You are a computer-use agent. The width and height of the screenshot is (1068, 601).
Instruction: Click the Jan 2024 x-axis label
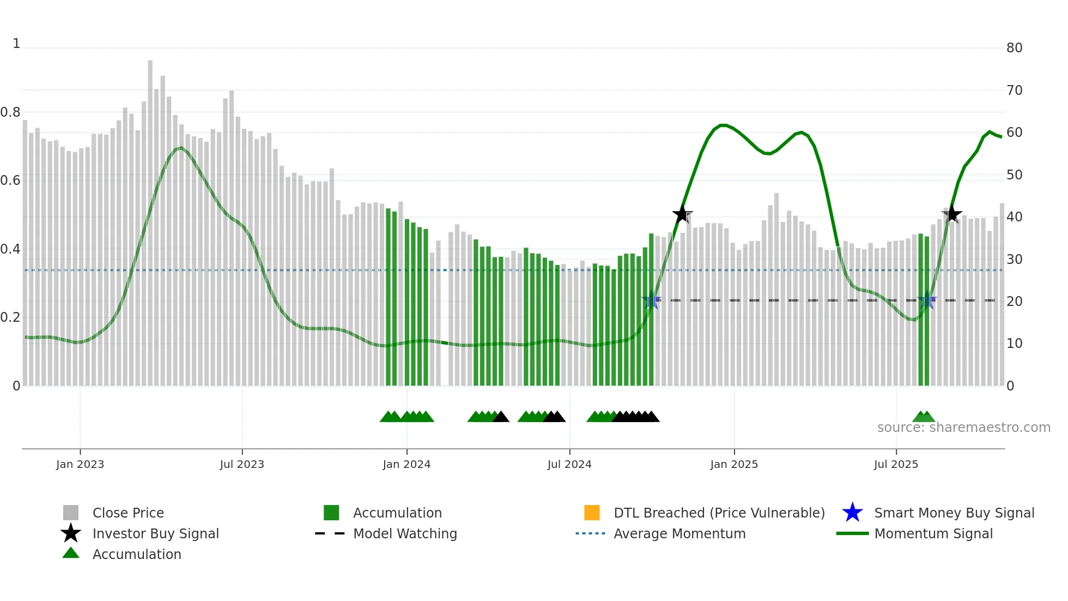pyautogui.click(x=406, y=464)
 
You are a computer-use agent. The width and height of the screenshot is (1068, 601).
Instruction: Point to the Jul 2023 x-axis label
pyautogui.click(x=242, y=464)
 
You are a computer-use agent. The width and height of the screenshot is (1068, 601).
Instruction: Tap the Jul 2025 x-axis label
pyautogui.click(x=896, y=464)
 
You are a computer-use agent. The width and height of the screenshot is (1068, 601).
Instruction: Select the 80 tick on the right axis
pyautogui.click(x=1014, y=48)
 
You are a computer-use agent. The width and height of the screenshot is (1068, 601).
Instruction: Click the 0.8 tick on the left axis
pyautogui.click(x=10, y=112)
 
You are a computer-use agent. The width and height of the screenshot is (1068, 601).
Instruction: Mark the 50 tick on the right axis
pyautogui.click(x=1014, y=175)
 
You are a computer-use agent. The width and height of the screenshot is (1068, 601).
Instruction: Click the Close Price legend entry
pyautogui.click(x=128, y=513)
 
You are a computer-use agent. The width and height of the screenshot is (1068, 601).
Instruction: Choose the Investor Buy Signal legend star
pyautogui.click(x=71, y=533)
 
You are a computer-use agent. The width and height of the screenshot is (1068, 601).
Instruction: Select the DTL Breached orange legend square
pyautogui.click(x=592, y=513)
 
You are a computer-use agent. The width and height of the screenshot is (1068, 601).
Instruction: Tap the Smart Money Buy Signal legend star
pyautogui.click(x=852, y=513)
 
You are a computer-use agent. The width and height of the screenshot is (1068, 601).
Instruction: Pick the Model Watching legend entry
pyautogui.click(x=405, y=533)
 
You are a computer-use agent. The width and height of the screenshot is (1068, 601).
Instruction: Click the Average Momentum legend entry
pyautogui.click(x=679, y=533)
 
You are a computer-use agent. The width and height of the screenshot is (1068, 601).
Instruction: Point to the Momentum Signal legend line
pyautogui.click(x=852, y=533)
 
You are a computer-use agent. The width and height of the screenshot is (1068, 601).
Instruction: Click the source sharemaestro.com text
pyautogui.click(x=963, y=428)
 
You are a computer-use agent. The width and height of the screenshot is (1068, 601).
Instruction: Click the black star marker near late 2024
pyautogui.click(x=682, y=214)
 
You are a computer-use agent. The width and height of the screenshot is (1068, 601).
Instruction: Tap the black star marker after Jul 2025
pyautogui.click(x=952, y=214)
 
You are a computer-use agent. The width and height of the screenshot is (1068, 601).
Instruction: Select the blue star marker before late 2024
pyautogui.click(x=651, y=300)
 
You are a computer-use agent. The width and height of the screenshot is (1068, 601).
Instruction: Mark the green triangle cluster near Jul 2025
pyautogui.click(x=924, y=417)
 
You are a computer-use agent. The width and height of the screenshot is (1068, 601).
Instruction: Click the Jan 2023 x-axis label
pyautogui.click(x=80, y=464)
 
